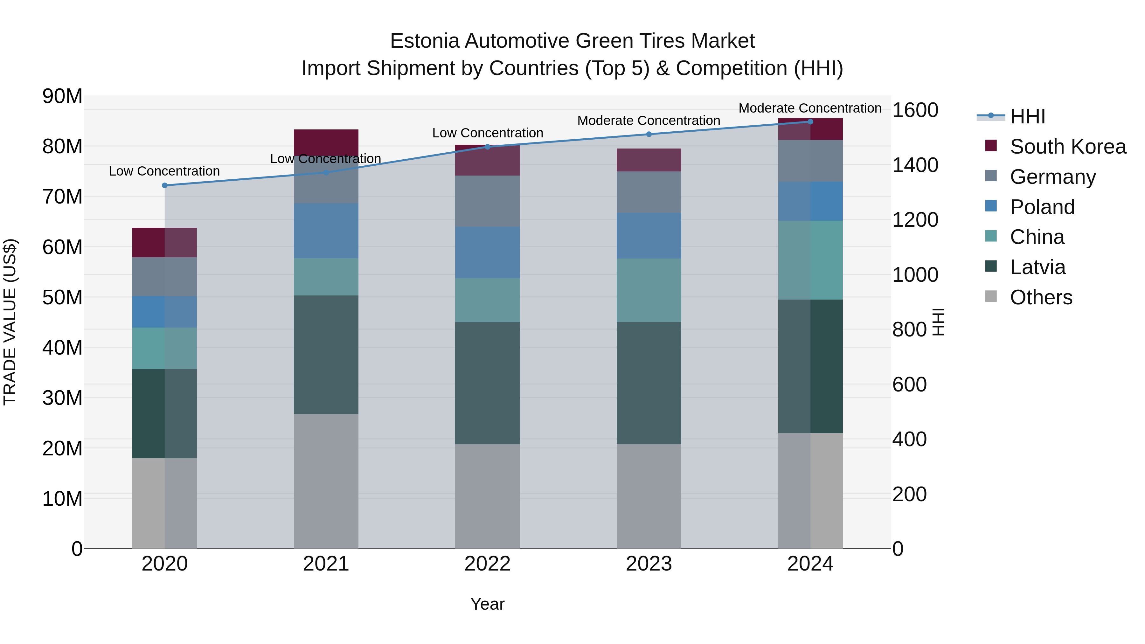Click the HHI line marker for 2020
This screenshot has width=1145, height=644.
[164, 185]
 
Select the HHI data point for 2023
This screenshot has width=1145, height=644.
[649, 134]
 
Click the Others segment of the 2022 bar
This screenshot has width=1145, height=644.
[487, 496]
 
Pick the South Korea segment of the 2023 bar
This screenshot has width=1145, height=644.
[649, 160]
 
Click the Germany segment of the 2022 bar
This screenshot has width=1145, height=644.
[487, 201]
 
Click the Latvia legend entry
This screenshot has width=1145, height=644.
[1037, 267]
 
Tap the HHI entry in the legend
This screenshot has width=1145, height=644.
[1027, 116]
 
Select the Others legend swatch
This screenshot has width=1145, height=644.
[991, 296]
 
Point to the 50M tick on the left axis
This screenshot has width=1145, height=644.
[62, 297]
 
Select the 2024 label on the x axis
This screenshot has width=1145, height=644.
[810, 564]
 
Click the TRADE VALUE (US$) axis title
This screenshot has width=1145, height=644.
[10, 322]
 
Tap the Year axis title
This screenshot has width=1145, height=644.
[487, 604]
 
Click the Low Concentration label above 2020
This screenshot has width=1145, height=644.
[164, 171]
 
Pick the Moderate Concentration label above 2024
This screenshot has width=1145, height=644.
[809, 108]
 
